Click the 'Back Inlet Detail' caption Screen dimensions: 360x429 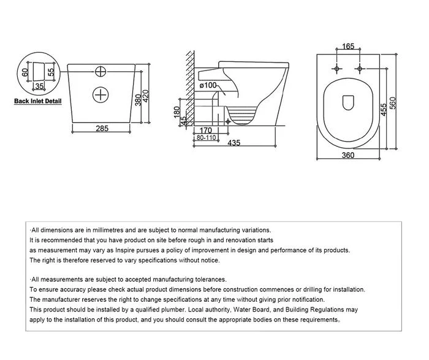[x=38, y=101]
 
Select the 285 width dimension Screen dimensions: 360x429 [x=102, y=129]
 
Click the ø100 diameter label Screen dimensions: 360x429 [x=209, y=85]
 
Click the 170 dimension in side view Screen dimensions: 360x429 [x=206, y=130]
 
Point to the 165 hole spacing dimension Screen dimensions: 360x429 [x=347, y=46]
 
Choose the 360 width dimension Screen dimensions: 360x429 [x=347, y=156]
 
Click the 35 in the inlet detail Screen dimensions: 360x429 [x=38, y=86]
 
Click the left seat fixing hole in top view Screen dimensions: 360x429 [x=337, y=69]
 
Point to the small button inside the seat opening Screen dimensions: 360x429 [x=348, y=102]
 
